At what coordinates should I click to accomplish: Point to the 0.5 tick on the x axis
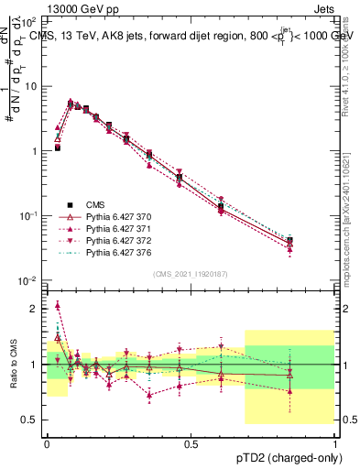tap(191, 444)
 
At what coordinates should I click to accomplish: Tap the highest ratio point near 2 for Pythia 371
tap(57, 305)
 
